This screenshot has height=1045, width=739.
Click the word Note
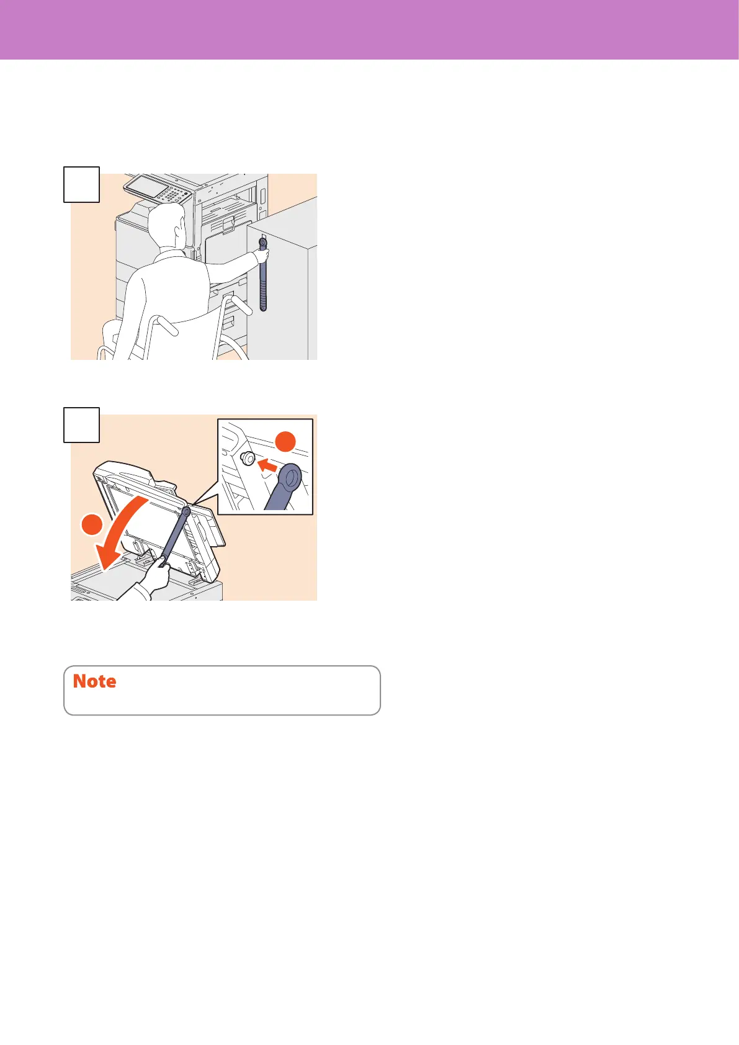pyautogui.click(x=94, y=681)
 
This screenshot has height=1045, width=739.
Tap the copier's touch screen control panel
pyautogui.click(x=158, y=189)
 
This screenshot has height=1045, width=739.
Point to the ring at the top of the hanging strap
pyautogui.click(x=262, y=242)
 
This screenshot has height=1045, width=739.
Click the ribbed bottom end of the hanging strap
pyautogui.click(x=263, y=298)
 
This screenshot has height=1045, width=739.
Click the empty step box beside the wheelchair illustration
pyautogui.click(x=81, y=184)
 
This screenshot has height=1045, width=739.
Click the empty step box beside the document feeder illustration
pyautogui.click(x=81, y=425)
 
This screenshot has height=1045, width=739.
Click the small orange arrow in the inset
pyautogui.click(x=267, y=465)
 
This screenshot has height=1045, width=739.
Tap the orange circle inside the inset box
pyautogui.click(x=285, y=441)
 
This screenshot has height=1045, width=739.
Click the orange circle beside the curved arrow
pyautogui.click(x=92, y=524)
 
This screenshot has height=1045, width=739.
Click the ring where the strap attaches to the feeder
pyautogui.click(x=186, y=512)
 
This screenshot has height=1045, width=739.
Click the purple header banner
pyautogui.click(x=370, y=29)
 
